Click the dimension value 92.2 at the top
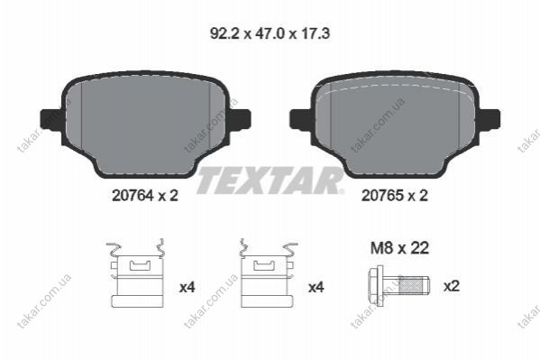click(x=224, y=33)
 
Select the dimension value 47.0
click(x=270, y=33)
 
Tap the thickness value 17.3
click(x=316, y=33)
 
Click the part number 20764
click(x=133, y=196)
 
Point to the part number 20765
click(x=382, y=196)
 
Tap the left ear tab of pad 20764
click(x=51, y=119)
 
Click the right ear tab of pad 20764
click(x=239, y=119)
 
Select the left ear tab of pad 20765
click(x=301, y=119)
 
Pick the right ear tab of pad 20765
click(x=489, y=119)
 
